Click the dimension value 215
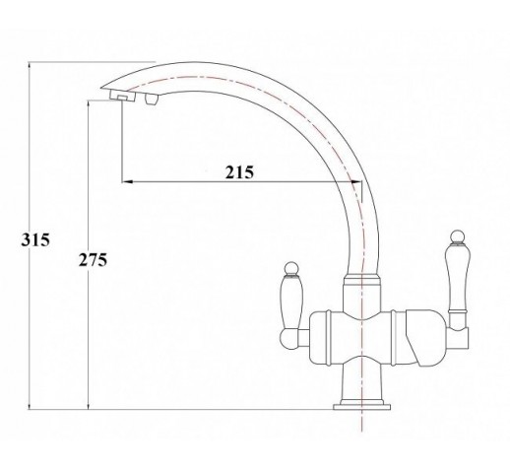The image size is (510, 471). coord(239,172)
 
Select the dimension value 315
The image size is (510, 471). coord(35,239)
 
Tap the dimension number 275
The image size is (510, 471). coord(93,260)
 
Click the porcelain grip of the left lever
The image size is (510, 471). coord(291,303)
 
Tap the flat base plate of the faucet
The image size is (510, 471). coord(361,407)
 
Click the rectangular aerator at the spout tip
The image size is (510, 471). coord(122,97)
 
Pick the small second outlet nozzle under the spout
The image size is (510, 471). coord(151,99)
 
